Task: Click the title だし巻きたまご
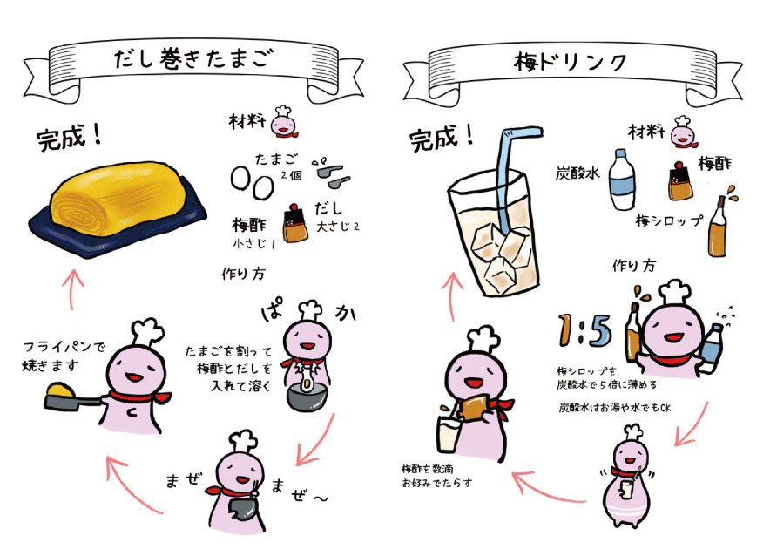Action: tap(193, 60)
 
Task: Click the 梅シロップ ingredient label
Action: tap(668, 221)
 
